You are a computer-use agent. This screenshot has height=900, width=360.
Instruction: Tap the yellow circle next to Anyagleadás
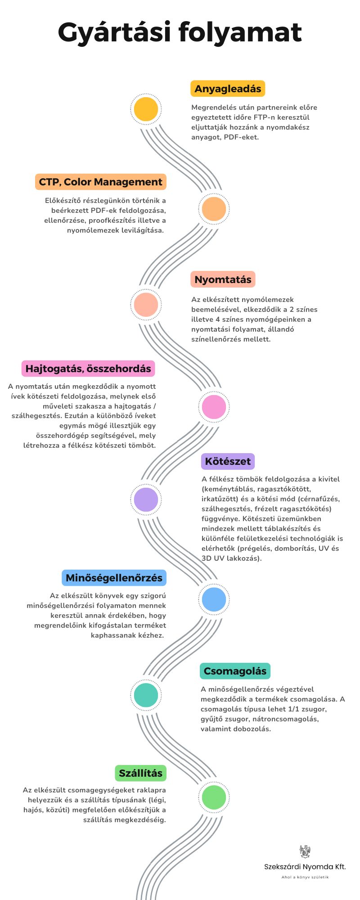tap(146, 109)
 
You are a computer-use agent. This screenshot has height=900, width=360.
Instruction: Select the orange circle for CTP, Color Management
tap(214, 209)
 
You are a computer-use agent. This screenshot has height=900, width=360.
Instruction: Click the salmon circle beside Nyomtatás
tap(146, 305)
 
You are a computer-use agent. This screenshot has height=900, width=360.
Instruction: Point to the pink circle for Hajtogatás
tap(214, 407)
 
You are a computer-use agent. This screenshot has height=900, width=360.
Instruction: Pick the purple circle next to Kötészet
tap(146, 499)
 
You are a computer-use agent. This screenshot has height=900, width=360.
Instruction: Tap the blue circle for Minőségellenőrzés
tap(214, 599)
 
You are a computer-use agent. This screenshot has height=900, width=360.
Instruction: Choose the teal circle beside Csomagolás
tap(146, 695)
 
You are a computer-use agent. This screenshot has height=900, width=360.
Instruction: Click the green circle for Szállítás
tap(214, 797)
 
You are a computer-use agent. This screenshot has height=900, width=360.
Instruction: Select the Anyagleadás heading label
tap(228, 89)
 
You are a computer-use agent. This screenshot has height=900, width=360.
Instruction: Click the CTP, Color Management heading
tap(100, 182)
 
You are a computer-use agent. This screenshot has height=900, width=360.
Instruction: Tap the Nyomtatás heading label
tap(223, 279)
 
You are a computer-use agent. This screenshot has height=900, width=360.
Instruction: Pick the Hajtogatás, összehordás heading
tap(88, 369)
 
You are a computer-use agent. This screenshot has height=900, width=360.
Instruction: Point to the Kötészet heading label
tap(228, 461)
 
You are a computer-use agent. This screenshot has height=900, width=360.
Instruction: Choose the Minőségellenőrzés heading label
tap(114, 578)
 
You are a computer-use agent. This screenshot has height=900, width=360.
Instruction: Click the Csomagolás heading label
tap(235, 671)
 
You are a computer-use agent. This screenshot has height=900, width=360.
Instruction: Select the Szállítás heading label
tap(140, 773)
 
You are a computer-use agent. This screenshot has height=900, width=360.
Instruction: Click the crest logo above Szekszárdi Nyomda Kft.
tap(305, 851)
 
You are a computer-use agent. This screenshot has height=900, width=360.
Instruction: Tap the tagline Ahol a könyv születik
tap(305, 877)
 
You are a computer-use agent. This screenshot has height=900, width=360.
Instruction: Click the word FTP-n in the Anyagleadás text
tap(266, 117)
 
